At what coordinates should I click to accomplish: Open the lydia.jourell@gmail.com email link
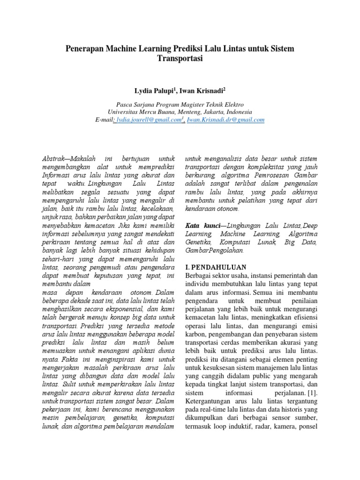click(150, 120)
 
